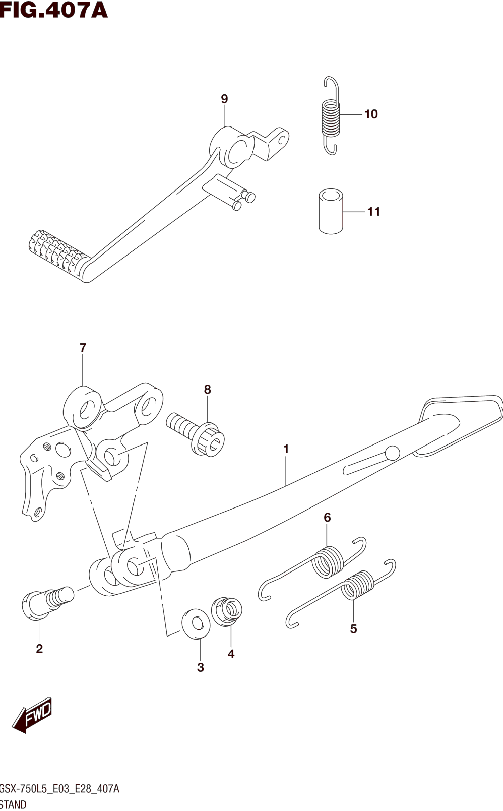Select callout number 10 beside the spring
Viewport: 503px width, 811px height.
tap(371, 114)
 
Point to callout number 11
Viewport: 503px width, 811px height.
tap(373, 212)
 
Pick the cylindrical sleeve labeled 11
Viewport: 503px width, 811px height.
tap(331, 211)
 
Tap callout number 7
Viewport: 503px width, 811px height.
tap(83, 348)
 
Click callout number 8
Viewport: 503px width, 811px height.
tap(207, 390)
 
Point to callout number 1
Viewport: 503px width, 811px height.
tap(285, 449)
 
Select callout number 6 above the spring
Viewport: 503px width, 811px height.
tap(327, 518)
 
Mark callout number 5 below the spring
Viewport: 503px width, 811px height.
tap(353, 629)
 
